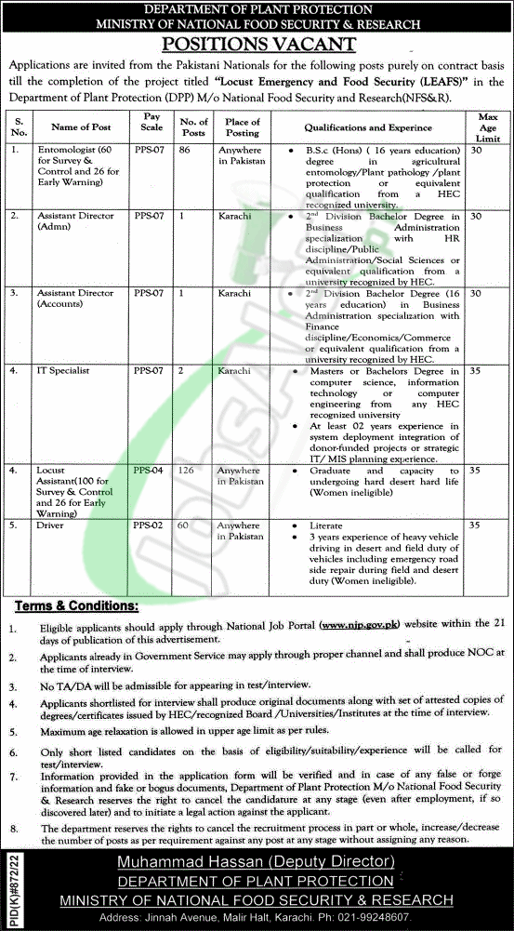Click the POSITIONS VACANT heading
click(257, 43)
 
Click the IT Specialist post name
click(63, 370)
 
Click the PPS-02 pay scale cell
click(149, 525)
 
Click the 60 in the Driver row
click(183, 525)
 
